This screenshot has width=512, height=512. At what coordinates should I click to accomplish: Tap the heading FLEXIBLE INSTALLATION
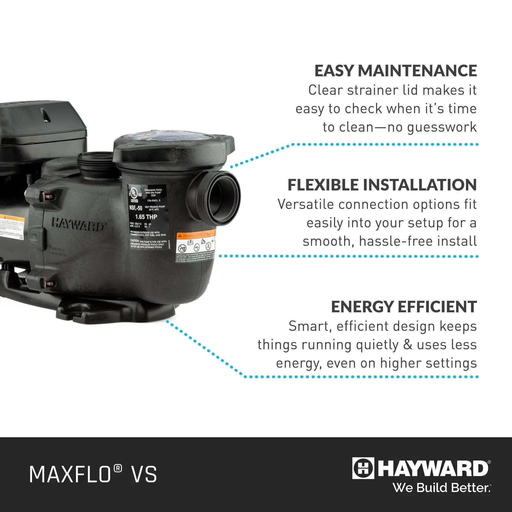point(382,185)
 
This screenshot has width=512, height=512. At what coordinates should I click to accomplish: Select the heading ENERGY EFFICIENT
point(404,307)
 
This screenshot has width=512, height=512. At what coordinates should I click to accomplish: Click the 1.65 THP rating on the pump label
point(146,217)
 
